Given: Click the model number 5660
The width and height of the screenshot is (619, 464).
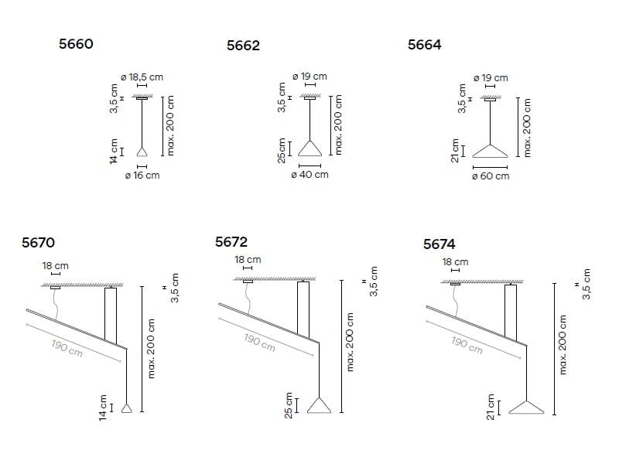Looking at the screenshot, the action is pyautogui.click(x=76, y=44).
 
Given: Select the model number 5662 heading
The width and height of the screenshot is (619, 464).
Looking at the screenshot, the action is pyautogui.click(x=243, y=46).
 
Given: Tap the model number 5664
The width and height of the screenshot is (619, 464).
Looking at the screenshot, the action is pyautogui.click(x=424, y=45).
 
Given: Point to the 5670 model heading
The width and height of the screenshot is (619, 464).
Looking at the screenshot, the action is pyautogui.click(x=38, y=243).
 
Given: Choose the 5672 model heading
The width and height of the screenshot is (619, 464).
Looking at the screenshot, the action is pyautogui.click(x=231, y=242).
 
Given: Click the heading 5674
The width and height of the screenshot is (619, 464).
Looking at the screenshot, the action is pyautogui.click(x=439, y=244).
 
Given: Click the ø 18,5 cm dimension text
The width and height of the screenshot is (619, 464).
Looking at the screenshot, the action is pyautogui.click(x=142, y=77).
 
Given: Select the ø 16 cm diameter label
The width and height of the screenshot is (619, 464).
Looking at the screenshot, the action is pyautogui.click(x=142, y=176).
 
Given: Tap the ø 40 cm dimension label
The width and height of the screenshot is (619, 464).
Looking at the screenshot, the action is pyautogui.click(x=310, y=175).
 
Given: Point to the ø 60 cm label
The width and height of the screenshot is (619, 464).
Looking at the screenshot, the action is pyautogui.click(x=491, y=176).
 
